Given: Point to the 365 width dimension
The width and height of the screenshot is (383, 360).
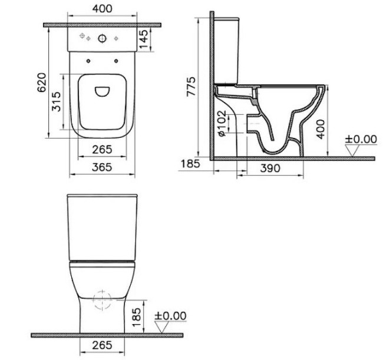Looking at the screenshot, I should [x=103, y=167].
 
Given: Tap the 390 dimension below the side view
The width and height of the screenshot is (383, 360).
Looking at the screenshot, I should [x=270, y=167].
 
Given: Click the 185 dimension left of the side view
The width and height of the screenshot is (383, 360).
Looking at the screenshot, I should [x=189, y=164].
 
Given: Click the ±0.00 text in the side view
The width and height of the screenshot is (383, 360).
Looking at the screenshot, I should [x=360, y=139].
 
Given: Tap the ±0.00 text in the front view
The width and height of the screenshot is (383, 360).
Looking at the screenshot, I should [x=170, y=316].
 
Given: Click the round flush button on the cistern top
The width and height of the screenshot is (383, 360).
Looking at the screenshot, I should [x=103, y=39].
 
